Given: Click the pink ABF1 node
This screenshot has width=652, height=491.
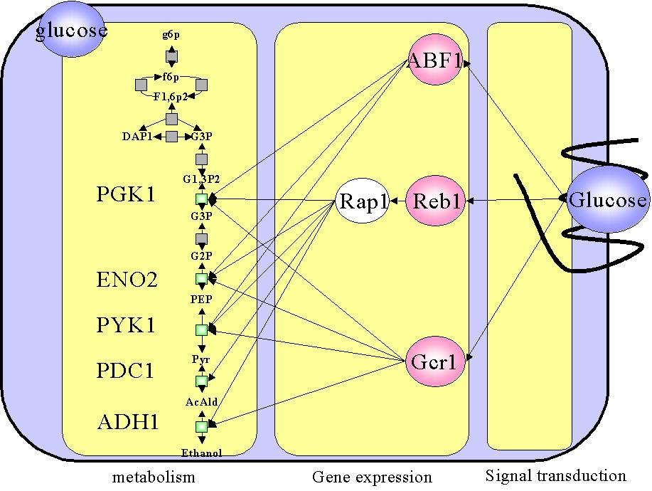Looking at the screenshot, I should (x=435, y=60).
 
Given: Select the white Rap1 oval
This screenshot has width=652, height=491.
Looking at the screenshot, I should (x=362, y=202).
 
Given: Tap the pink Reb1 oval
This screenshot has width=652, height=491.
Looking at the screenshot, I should (x=435, y=202).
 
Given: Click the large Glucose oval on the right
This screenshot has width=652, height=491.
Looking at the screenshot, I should (x=608, y=200).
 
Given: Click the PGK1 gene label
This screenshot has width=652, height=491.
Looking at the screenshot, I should (x=125, y=194).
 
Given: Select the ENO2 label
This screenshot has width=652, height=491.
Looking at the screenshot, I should (x=126, y=280).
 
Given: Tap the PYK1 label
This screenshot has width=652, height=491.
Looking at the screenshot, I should (x=125, y=325).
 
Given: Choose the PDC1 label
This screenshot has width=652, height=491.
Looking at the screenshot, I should (x=125, y=371).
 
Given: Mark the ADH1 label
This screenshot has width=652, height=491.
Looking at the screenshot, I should (x=127, y=422).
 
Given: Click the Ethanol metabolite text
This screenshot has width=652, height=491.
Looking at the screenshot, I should (x=201, y=453).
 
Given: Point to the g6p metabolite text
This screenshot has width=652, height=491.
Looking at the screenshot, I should (x=171, y=34).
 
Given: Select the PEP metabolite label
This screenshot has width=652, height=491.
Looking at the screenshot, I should (x=201, y=299).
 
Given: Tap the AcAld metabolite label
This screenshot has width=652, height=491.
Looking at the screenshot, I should (x=201, y=402).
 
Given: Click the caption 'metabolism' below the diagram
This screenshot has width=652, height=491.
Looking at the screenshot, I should (x=154, y=475).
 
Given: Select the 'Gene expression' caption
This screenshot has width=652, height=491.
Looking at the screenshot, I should (x=372, y=477).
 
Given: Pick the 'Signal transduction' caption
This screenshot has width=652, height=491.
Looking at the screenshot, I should (x=555, y=475).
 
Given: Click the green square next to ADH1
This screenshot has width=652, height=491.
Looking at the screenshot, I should (x=201, y=426).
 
